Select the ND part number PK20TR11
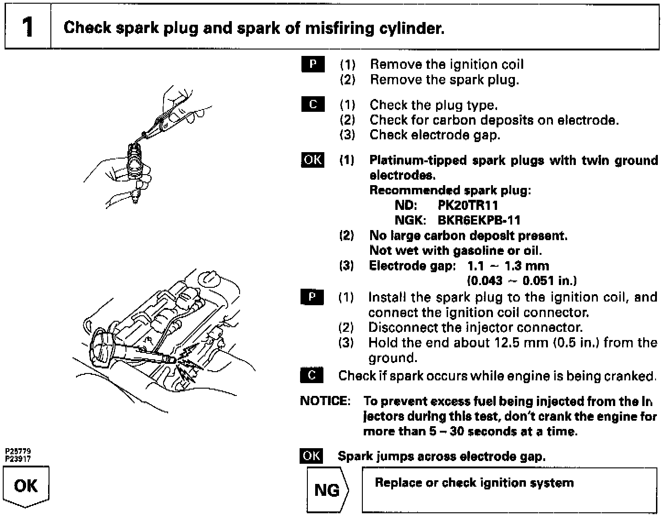tap(468, 205)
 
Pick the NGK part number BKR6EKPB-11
tap(479, 220)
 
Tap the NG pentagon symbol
tap(327, 490)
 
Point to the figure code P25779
tap(18, 451)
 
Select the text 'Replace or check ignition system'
tap(474, 483)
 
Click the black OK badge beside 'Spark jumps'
tap(312, 456)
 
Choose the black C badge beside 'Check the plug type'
tap(313, 104)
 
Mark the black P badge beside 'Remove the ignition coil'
tap(313, 64)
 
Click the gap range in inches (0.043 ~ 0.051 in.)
tap(521, 280)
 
